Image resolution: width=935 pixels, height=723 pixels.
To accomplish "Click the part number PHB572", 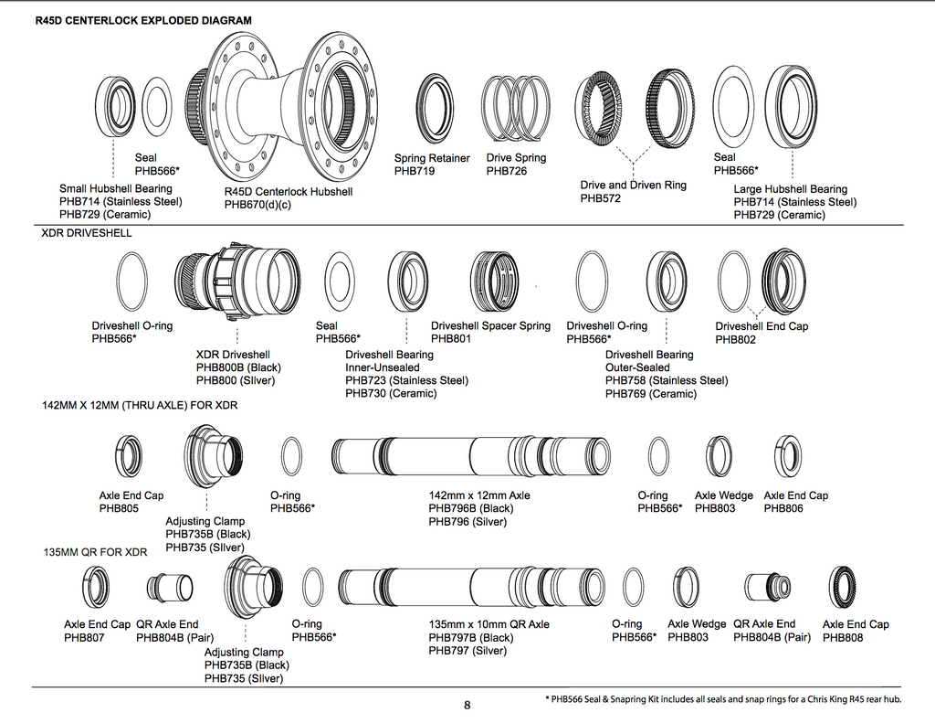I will (601, 198).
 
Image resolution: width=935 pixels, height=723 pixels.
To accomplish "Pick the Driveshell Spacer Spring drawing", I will (495, 282).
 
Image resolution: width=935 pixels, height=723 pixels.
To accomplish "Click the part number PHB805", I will (120, 508).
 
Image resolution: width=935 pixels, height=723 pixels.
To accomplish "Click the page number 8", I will (467, 705).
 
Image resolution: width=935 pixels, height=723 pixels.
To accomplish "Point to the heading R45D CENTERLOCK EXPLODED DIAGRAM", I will (144, 19).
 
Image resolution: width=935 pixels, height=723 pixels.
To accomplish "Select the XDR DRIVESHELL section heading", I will (87, 233).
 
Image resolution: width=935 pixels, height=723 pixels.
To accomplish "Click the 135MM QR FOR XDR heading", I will (95, 553).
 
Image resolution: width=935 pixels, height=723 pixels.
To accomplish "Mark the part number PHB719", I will (415, 171).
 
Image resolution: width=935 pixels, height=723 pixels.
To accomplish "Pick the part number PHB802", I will (735, 339).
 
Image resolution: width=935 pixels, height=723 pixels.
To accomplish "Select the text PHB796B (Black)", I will (471, 508).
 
